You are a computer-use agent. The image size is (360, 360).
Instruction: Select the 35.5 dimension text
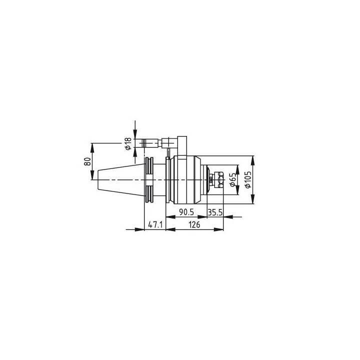click(x=215, y=212)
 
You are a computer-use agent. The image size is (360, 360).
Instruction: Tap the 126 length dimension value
click(x=194, y=225)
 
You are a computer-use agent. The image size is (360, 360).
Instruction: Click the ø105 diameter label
click(x=248, y=180)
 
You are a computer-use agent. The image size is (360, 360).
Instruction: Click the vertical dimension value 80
click(x=87, y=161)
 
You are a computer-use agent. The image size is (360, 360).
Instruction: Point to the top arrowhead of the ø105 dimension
click(x=253, y=159)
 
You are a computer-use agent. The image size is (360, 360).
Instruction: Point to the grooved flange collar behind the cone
click(x=149, y=180)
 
